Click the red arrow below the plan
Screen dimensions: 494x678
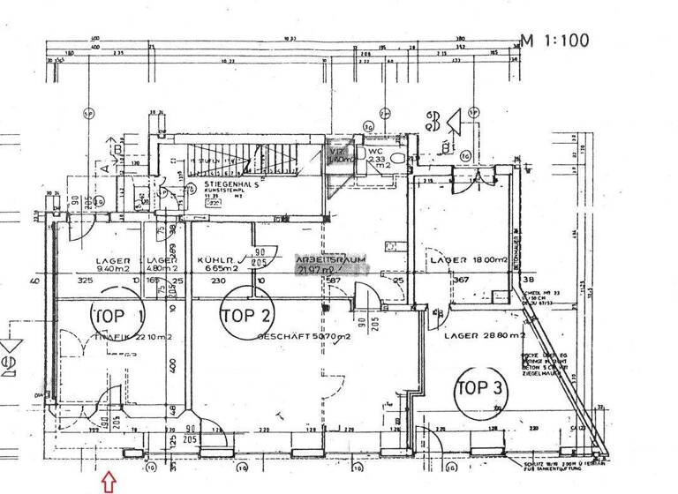pyautogui.click(x=109, y=481)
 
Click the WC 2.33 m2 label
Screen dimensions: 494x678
pyautogui.click(x=382, y=156)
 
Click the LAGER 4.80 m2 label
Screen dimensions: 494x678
pyautogui.click(x=164, y=265)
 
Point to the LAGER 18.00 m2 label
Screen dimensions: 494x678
pyautogui.click(x=468, y=261)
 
